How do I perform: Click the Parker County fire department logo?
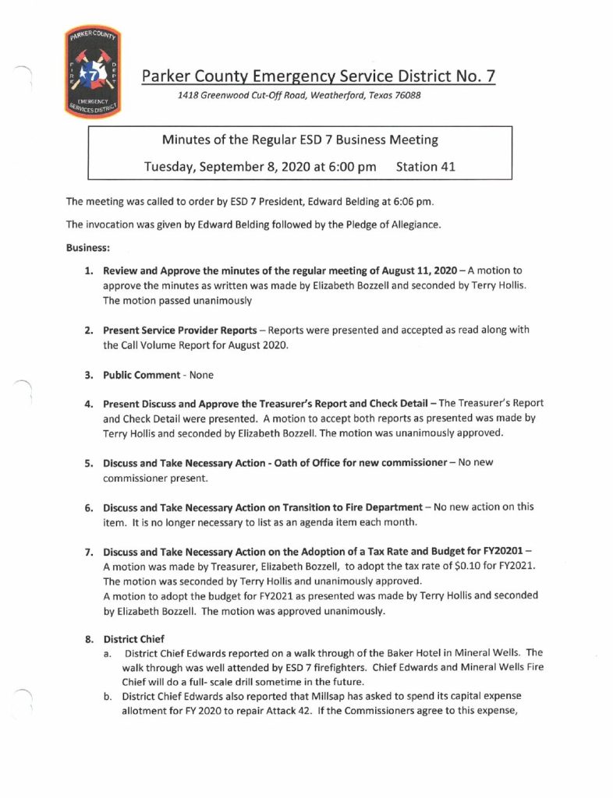click(93, 71)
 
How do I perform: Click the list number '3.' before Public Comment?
click(89, 375)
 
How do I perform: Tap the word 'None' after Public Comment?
click(201, 375)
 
